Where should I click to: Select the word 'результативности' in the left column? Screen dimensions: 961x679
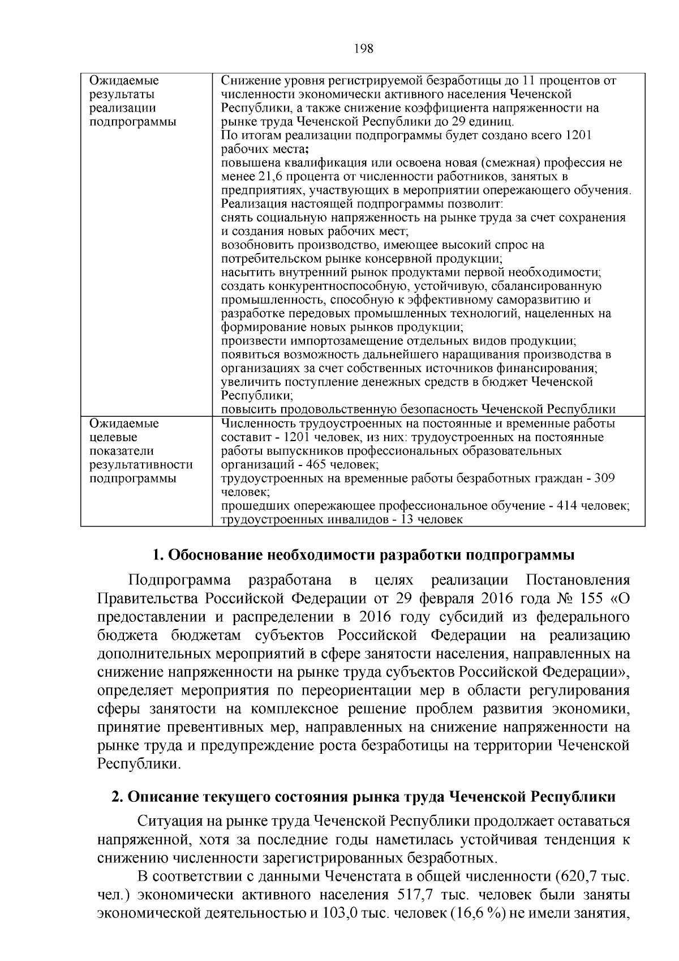pos(141,465)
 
